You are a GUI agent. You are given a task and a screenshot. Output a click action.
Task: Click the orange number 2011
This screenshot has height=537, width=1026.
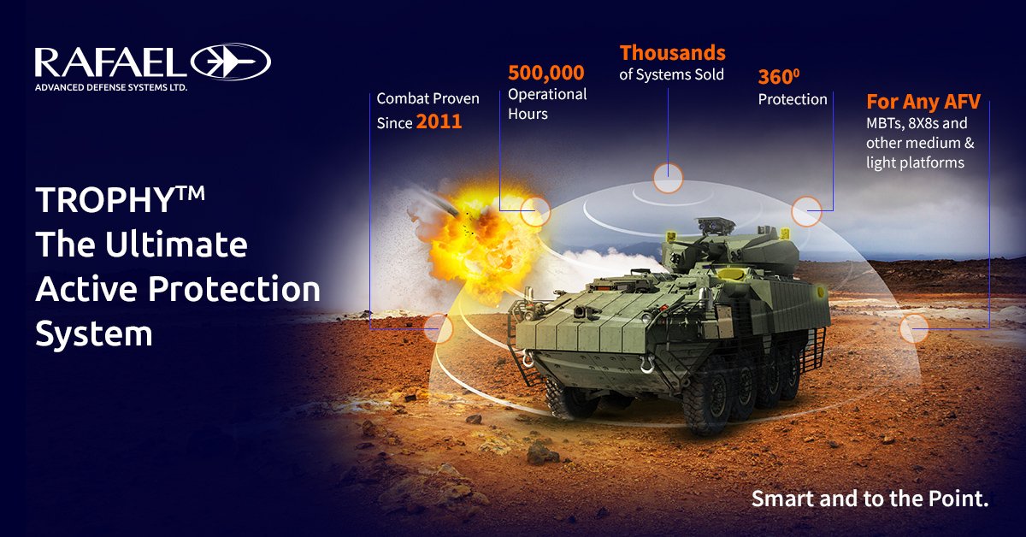(439, 122)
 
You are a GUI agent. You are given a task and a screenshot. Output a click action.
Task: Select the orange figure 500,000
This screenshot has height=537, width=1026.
(545, 73)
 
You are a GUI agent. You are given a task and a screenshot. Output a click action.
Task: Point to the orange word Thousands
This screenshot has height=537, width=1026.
(672, 53)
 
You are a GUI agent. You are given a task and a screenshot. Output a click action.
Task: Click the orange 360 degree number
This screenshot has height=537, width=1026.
(777, 77)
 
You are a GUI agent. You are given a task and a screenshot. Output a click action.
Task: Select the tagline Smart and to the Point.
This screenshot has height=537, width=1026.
(869, 499)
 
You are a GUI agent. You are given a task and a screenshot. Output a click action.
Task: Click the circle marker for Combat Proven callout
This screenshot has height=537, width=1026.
(437, 328)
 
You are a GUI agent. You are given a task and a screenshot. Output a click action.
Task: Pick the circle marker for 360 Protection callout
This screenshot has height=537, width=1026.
(806, 209)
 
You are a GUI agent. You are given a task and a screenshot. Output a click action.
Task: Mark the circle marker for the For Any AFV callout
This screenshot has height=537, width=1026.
(914, 328)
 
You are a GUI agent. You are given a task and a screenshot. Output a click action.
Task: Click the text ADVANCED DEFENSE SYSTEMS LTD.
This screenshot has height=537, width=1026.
(110, 87)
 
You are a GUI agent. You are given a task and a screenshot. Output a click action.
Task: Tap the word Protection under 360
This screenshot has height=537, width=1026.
(793, 99)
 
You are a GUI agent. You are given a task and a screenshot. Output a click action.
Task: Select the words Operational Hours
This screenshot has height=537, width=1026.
(547, 103)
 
